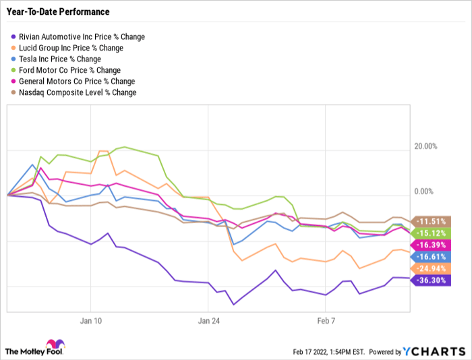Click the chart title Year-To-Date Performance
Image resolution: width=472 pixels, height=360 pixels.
pyautogui.click(x=57, y=12)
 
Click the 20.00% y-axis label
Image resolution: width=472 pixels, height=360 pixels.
pyautogui.click(x=425, y=146)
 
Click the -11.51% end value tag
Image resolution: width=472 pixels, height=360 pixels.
pyautogui.click(x=431, y=221)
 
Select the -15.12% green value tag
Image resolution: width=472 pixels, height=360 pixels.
pyautogui.click(x=431, y=233)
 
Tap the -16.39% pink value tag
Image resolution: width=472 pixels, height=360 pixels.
pyautogui.click(x=431, y=245)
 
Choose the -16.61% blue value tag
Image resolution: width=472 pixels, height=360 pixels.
pyautogui.click(x=431, y=256)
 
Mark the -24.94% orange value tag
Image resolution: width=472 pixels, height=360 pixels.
pyautogui.click(x=431, y=268)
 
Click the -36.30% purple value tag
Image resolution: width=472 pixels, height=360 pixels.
pyautogui.click(x=431, y=280)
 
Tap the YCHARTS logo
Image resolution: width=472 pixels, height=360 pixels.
pyautogui.click(x=434, y=351)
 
